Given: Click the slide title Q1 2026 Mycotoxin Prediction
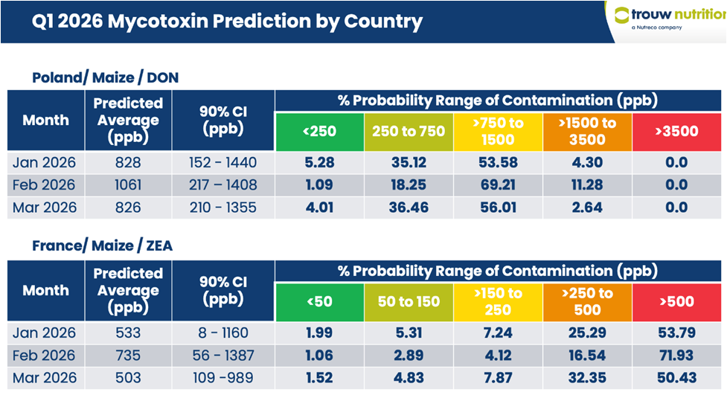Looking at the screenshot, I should pos(227,22).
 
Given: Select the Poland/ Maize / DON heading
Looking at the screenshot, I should pos(105,77).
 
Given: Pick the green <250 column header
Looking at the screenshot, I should pos(319,132).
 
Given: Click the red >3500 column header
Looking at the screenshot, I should pos(677,132).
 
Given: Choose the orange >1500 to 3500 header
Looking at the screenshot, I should pos(587,132).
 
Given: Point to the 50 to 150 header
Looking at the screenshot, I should pos(409,301).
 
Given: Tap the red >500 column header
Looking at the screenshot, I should pos(677,301).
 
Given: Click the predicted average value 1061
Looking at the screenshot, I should pos(128,185).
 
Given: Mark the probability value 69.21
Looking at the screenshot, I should pos(498,185).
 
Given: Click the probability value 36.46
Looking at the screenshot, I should pos(409,207).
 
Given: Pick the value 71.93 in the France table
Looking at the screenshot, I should pos(677,355).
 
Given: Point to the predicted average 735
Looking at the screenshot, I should pos(128,355).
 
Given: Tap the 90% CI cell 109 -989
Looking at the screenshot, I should pos(223,377).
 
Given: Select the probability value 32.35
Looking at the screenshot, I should pos(587,377).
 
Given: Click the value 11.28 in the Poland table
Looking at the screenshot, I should pos(587,185).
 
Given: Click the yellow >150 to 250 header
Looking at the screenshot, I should pos(498,301).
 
